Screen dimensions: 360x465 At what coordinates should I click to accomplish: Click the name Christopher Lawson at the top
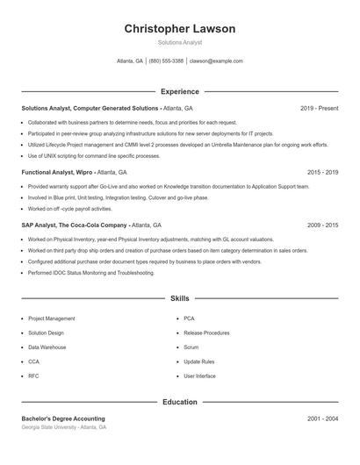point(179,29)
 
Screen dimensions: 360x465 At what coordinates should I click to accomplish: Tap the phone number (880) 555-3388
point(166,61)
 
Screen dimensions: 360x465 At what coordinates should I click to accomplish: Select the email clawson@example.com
point(216,61)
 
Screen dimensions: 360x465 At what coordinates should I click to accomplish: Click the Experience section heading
point(179,91)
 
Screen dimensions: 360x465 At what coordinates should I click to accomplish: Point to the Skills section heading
point(179,299)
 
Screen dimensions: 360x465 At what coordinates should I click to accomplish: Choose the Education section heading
point(179,402)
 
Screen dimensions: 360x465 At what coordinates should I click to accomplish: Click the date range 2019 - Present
point(319,109)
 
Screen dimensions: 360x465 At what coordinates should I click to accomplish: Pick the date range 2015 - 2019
point(322,173)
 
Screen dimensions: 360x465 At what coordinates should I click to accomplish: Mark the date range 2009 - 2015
point(322,225)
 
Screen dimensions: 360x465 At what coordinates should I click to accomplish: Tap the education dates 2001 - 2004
point(322,419)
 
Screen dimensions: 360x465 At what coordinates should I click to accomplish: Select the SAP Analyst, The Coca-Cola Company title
point(75,225)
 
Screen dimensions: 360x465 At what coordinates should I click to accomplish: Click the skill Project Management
point(52,318)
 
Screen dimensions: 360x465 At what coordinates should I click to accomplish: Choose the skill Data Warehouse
point(47,347)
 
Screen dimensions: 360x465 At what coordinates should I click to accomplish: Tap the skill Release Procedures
point(206,333)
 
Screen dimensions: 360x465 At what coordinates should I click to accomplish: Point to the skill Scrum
point(191,347)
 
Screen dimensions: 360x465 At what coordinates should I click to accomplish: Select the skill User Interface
point(199,376)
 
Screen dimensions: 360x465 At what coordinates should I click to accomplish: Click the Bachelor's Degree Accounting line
point(63,419)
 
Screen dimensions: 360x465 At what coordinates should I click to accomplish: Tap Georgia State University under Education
point(49,427)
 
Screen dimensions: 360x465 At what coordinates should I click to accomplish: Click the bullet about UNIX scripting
point(94,155)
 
